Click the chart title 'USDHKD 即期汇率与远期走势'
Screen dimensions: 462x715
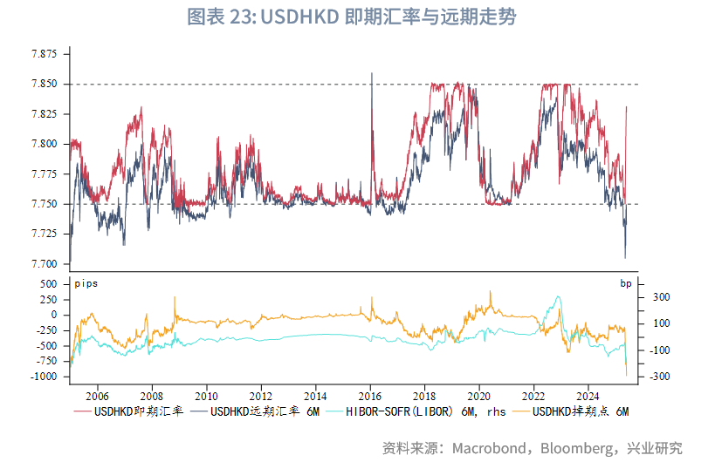(357, 17)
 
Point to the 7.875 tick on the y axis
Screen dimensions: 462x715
(44, 54)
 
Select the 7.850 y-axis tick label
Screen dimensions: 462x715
(44, 84)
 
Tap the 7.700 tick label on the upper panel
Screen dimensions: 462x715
(44, 264)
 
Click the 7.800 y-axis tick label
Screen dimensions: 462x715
(44, 144)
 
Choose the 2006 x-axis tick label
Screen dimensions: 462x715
(97, 394)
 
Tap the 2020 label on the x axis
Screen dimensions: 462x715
(479, 394)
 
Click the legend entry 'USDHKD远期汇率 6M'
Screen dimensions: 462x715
(263, 411)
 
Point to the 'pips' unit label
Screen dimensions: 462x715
(86, 283)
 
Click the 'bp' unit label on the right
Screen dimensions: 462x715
(625, 283)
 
